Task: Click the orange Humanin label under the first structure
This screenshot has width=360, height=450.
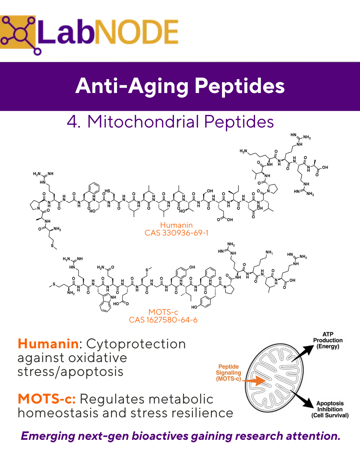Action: (x=176, y=225)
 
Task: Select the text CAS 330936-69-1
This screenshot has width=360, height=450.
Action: (x=176, y=233)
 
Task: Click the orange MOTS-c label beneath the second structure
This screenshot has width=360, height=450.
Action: (x=163, y=312)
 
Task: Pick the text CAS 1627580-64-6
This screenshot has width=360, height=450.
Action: (x=163, y=320)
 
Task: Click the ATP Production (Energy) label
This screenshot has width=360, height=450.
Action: (x=328, y=340)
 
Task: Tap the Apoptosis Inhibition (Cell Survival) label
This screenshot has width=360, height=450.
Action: (x=330, y=409)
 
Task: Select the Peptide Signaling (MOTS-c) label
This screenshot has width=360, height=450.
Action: (x=229, y=373)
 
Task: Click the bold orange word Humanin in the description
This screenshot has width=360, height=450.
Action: (x=48, y=344)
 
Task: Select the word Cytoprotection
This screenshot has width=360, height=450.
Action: (x=136, y=344)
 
